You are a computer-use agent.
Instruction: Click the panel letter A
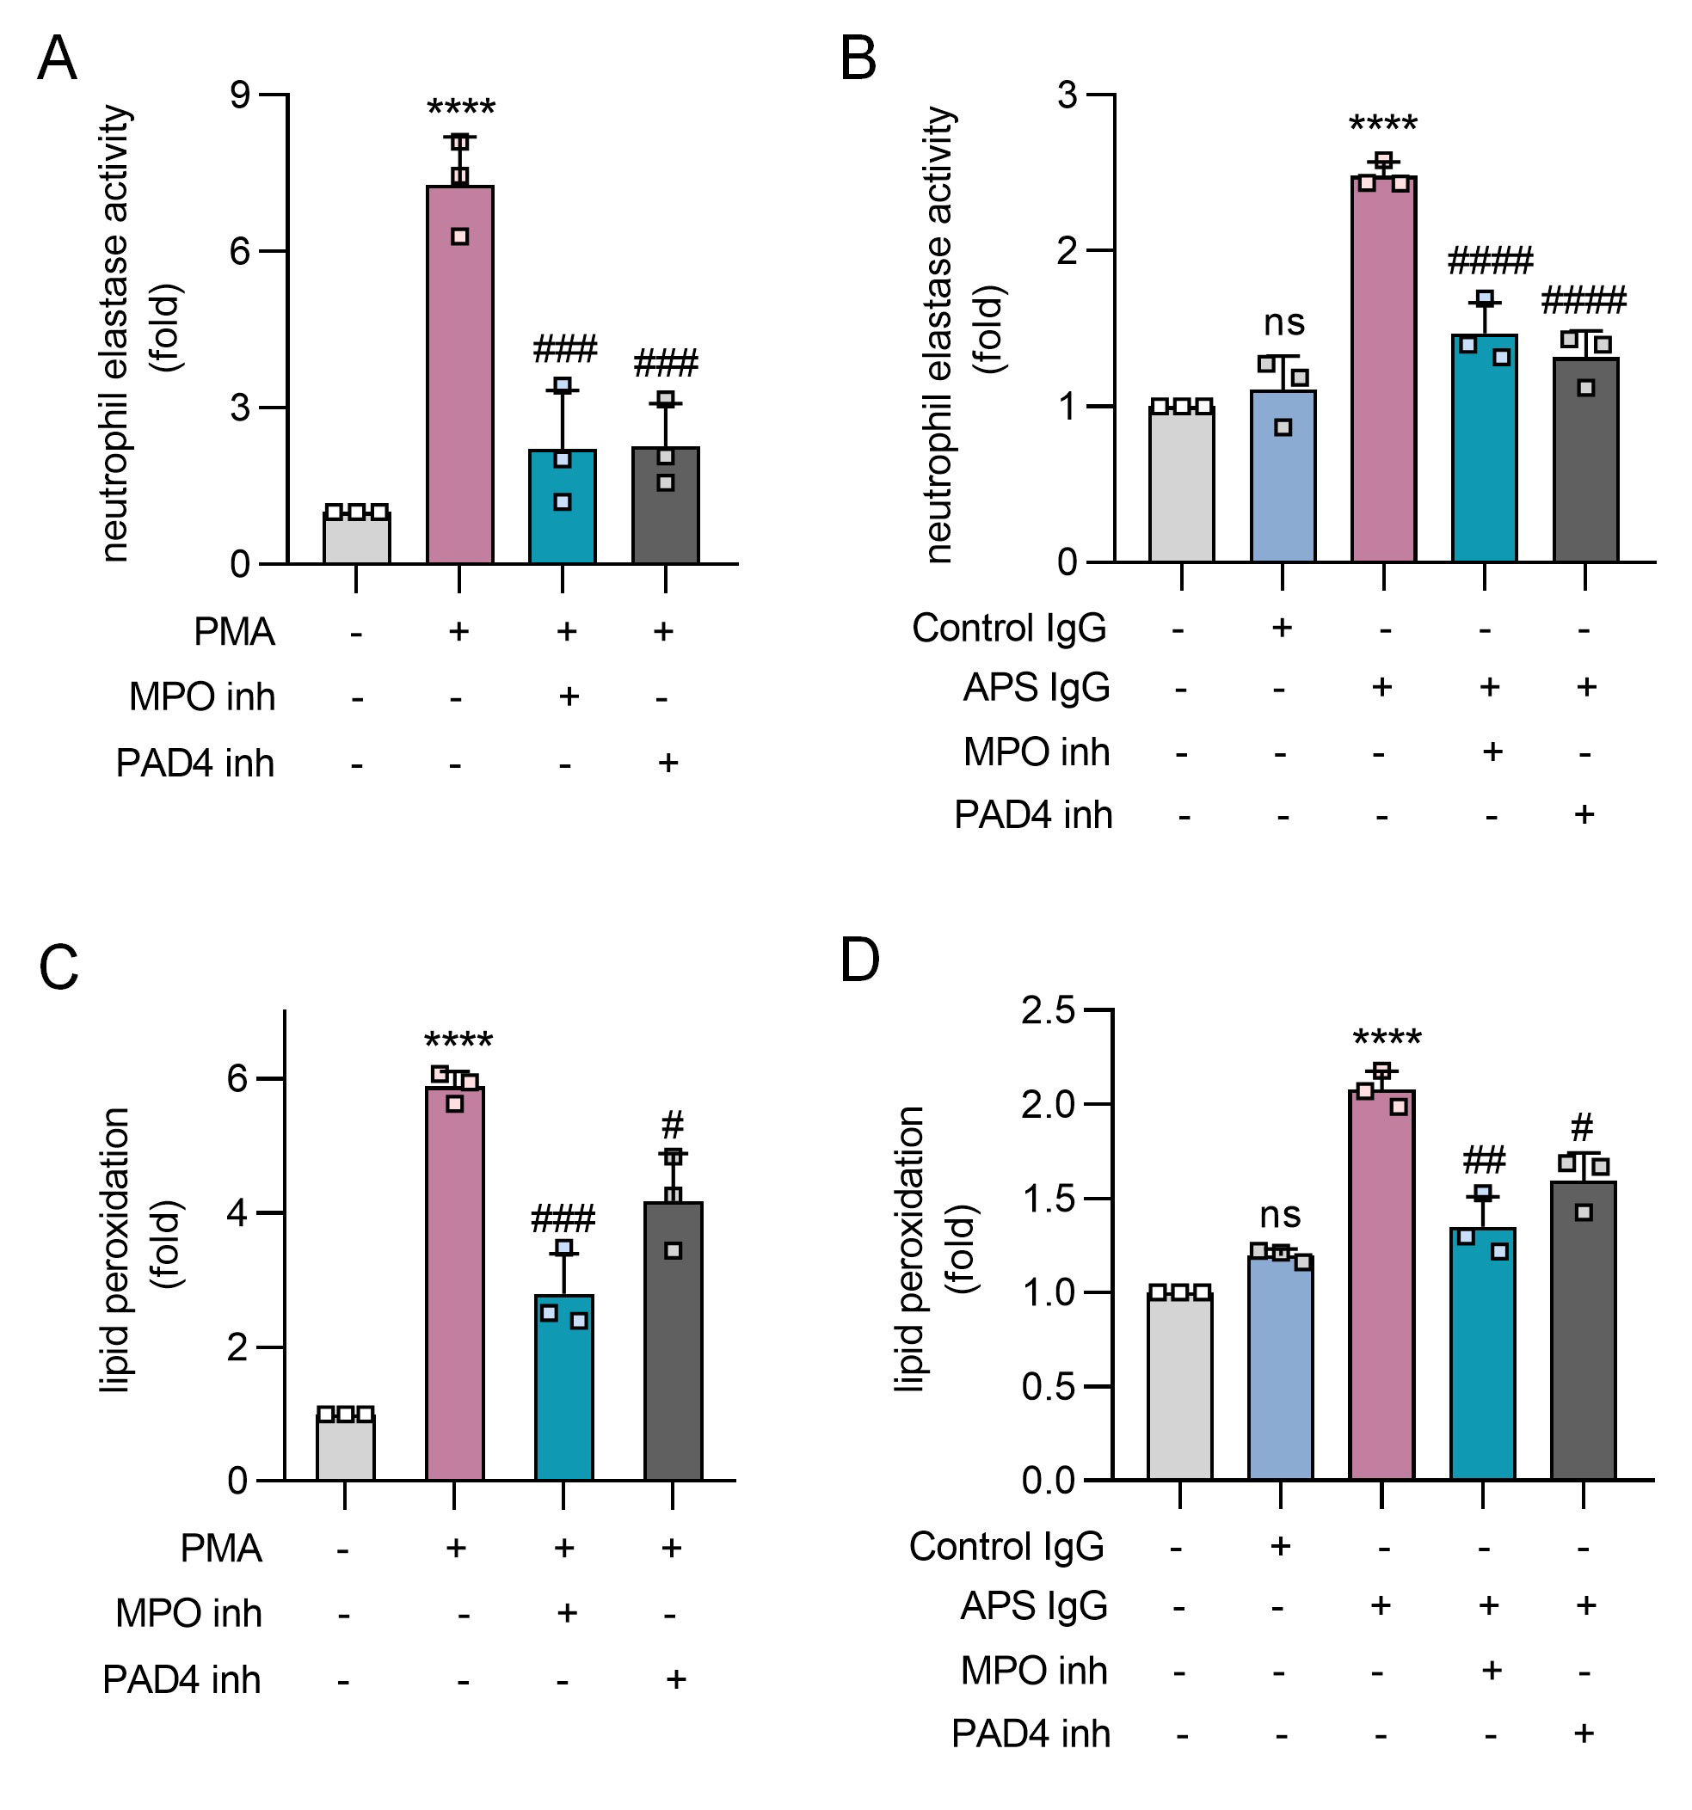(x=57, y=59)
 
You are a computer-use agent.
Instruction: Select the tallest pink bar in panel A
(x=460, y=383)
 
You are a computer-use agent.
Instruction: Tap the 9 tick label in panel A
(x=240, y=95)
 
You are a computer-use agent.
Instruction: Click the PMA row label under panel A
(x=234, y=632)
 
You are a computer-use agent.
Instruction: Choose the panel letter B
(x=857, y=59)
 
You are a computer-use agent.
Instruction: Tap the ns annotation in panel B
(x=1284, y=322)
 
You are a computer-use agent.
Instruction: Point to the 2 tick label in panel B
(x=1067, y=250)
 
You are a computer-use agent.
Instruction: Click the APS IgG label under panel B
(x=1037, y=686)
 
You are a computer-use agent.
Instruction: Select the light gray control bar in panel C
(x=345, y=1448)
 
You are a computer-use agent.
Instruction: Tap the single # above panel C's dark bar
(x=672, y=1126)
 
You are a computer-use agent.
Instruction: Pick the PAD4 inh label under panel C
(x=182, y=1680)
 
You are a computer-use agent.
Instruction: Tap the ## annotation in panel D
(x=1485, y=1160)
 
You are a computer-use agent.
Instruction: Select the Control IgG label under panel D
(x=1006, y=1546)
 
